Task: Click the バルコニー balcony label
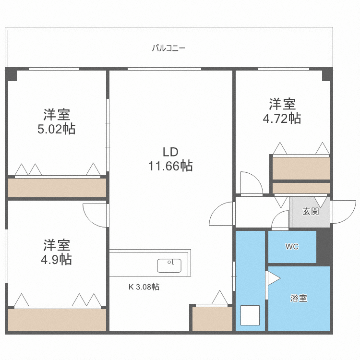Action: tap(168, 48)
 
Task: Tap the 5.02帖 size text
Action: tap(57, 129)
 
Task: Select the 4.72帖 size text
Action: tap(282, 118)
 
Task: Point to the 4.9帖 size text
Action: tap(57, 259)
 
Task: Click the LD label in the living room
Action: tap(170, 152)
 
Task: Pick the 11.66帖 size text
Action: tap(170, 166)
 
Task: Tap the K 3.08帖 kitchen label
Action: tap(144, 287)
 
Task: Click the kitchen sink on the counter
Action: tap(169, 265)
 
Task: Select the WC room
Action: tap(292, 247)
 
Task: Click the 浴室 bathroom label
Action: tap(299, 298)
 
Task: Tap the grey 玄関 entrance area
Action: tap(311, 212)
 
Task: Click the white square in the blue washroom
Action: tap(250, 315)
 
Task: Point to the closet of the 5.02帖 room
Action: tap(57, 187)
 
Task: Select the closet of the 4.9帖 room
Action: tap(57, 320)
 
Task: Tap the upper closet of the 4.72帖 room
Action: tap(301, 168)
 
